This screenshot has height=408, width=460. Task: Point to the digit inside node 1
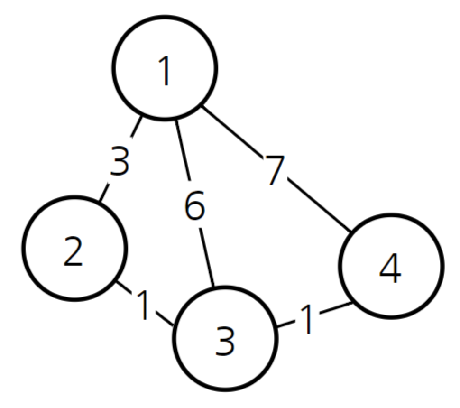click(x=165, y=72)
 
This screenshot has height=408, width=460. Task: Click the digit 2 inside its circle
click(x=73, y=252)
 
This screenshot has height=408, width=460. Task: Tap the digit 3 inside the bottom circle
click(x=225, y=342)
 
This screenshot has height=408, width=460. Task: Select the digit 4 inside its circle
click(x=390, y=270)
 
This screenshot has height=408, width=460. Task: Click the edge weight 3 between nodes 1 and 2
click(x=120, y=162)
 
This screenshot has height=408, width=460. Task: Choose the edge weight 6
click(x=194, y=206)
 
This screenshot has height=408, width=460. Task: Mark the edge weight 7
click(x=275, y=170)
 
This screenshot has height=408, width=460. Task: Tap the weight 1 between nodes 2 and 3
click(x=144, y=306)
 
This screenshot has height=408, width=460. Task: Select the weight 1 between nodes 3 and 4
click(x=307, y=320)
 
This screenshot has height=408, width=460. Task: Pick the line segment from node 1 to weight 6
click(x=183, y=150)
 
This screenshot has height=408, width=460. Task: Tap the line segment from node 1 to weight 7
click(x=232, y=130)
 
